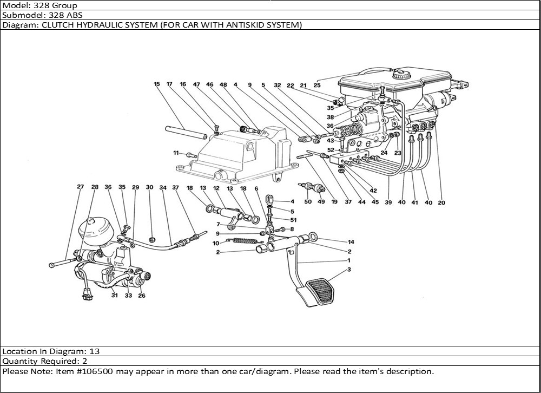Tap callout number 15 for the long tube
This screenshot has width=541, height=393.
click(156, 84)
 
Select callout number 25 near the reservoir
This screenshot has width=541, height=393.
click(317, 85)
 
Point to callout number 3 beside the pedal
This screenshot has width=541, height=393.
click(349, 269)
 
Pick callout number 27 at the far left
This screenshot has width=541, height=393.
click(80, 187)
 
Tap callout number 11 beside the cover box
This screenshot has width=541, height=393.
click(176, 154)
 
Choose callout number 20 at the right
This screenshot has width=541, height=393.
click(441, 203)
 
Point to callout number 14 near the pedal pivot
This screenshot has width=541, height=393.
click(350, 242)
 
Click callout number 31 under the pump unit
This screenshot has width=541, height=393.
click(114, 295)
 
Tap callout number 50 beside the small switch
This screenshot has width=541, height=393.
click(308, 202)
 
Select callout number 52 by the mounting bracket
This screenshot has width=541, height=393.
click(331, 150)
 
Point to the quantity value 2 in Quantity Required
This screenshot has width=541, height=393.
click(85, 361)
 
